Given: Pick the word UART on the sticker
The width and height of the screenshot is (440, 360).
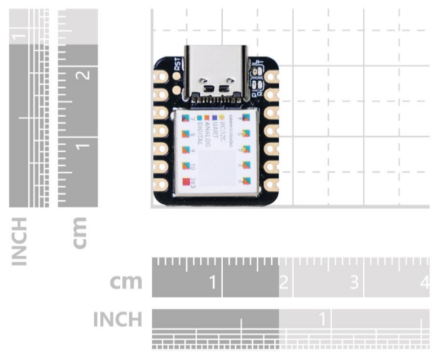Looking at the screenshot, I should (214, 130).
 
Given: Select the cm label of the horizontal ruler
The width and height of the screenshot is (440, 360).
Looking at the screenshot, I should (125, 282).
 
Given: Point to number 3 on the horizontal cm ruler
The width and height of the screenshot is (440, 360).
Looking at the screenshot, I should (354, 282).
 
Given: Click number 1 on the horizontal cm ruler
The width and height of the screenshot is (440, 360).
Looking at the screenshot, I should (213, 282).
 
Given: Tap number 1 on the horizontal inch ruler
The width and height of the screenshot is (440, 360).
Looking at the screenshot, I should (322, 319).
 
